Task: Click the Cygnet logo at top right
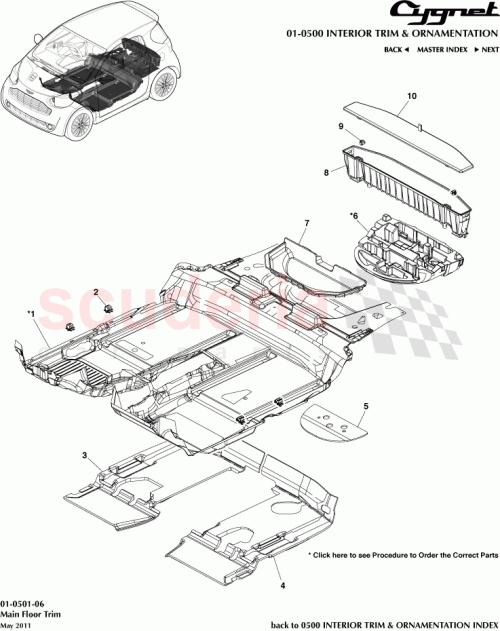(x=451, y=14)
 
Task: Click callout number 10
(x=410, y=97)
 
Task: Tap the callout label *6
(x=353, y=215)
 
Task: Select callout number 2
(x=96, y=292)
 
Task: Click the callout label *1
(x=31, y=314)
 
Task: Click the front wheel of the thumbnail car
(x=77, y=124)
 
